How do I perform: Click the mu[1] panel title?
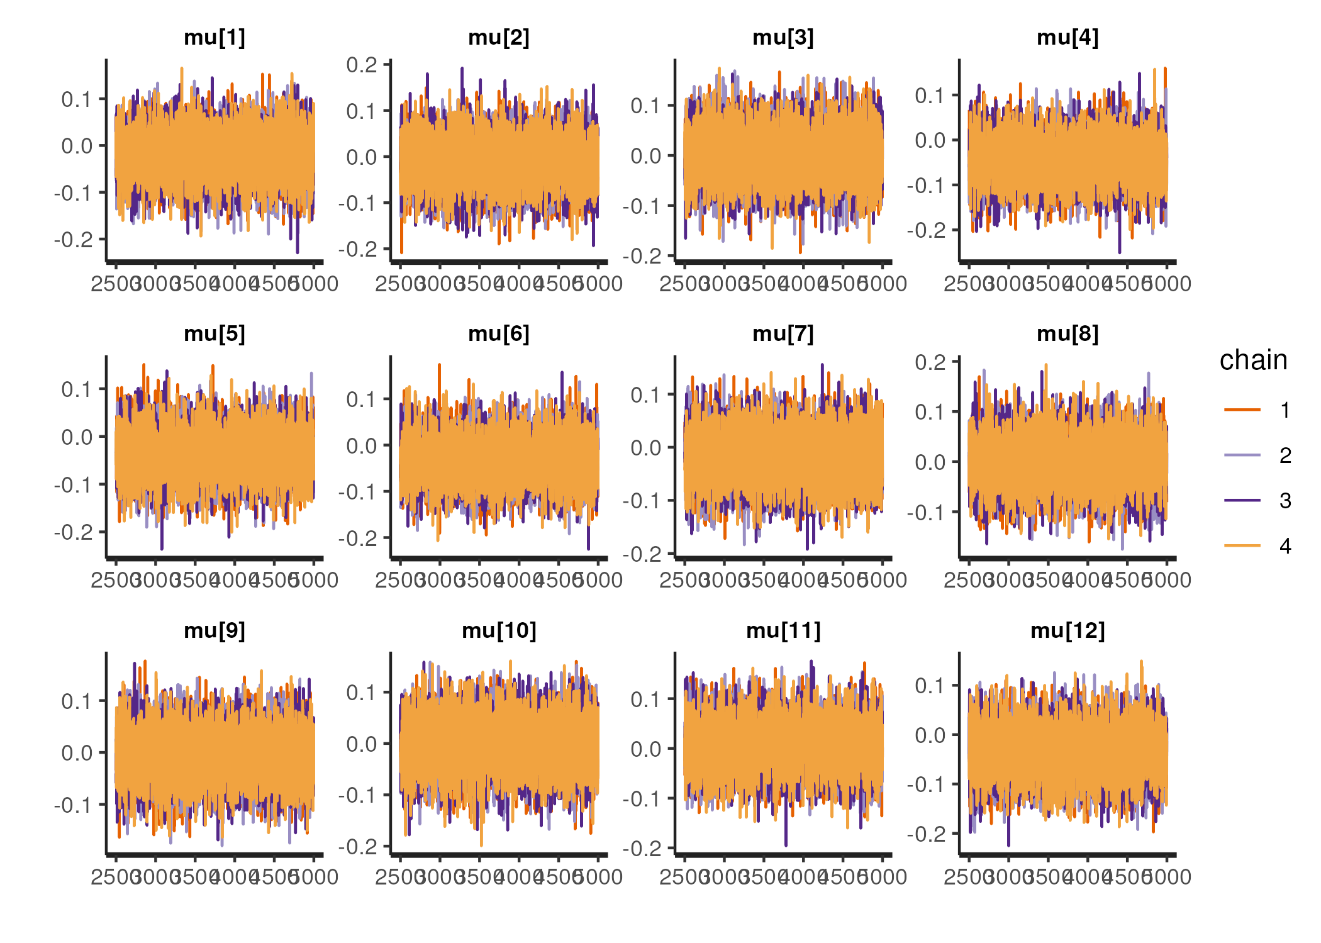215,38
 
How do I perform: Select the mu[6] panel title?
499,333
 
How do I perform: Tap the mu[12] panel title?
1067,630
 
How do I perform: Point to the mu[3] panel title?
783,38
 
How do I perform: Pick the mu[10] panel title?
499,630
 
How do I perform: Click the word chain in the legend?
1253,360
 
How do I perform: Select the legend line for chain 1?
1242,410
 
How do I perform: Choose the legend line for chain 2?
1242,455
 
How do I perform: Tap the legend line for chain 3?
1242,501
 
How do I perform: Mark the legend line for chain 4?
1242,546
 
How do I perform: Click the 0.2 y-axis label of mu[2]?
362,65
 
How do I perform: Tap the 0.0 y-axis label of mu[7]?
646,448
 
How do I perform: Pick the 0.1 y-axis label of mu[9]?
77,701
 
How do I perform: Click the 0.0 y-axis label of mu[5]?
77,437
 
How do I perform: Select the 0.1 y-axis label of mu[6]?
362,399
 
